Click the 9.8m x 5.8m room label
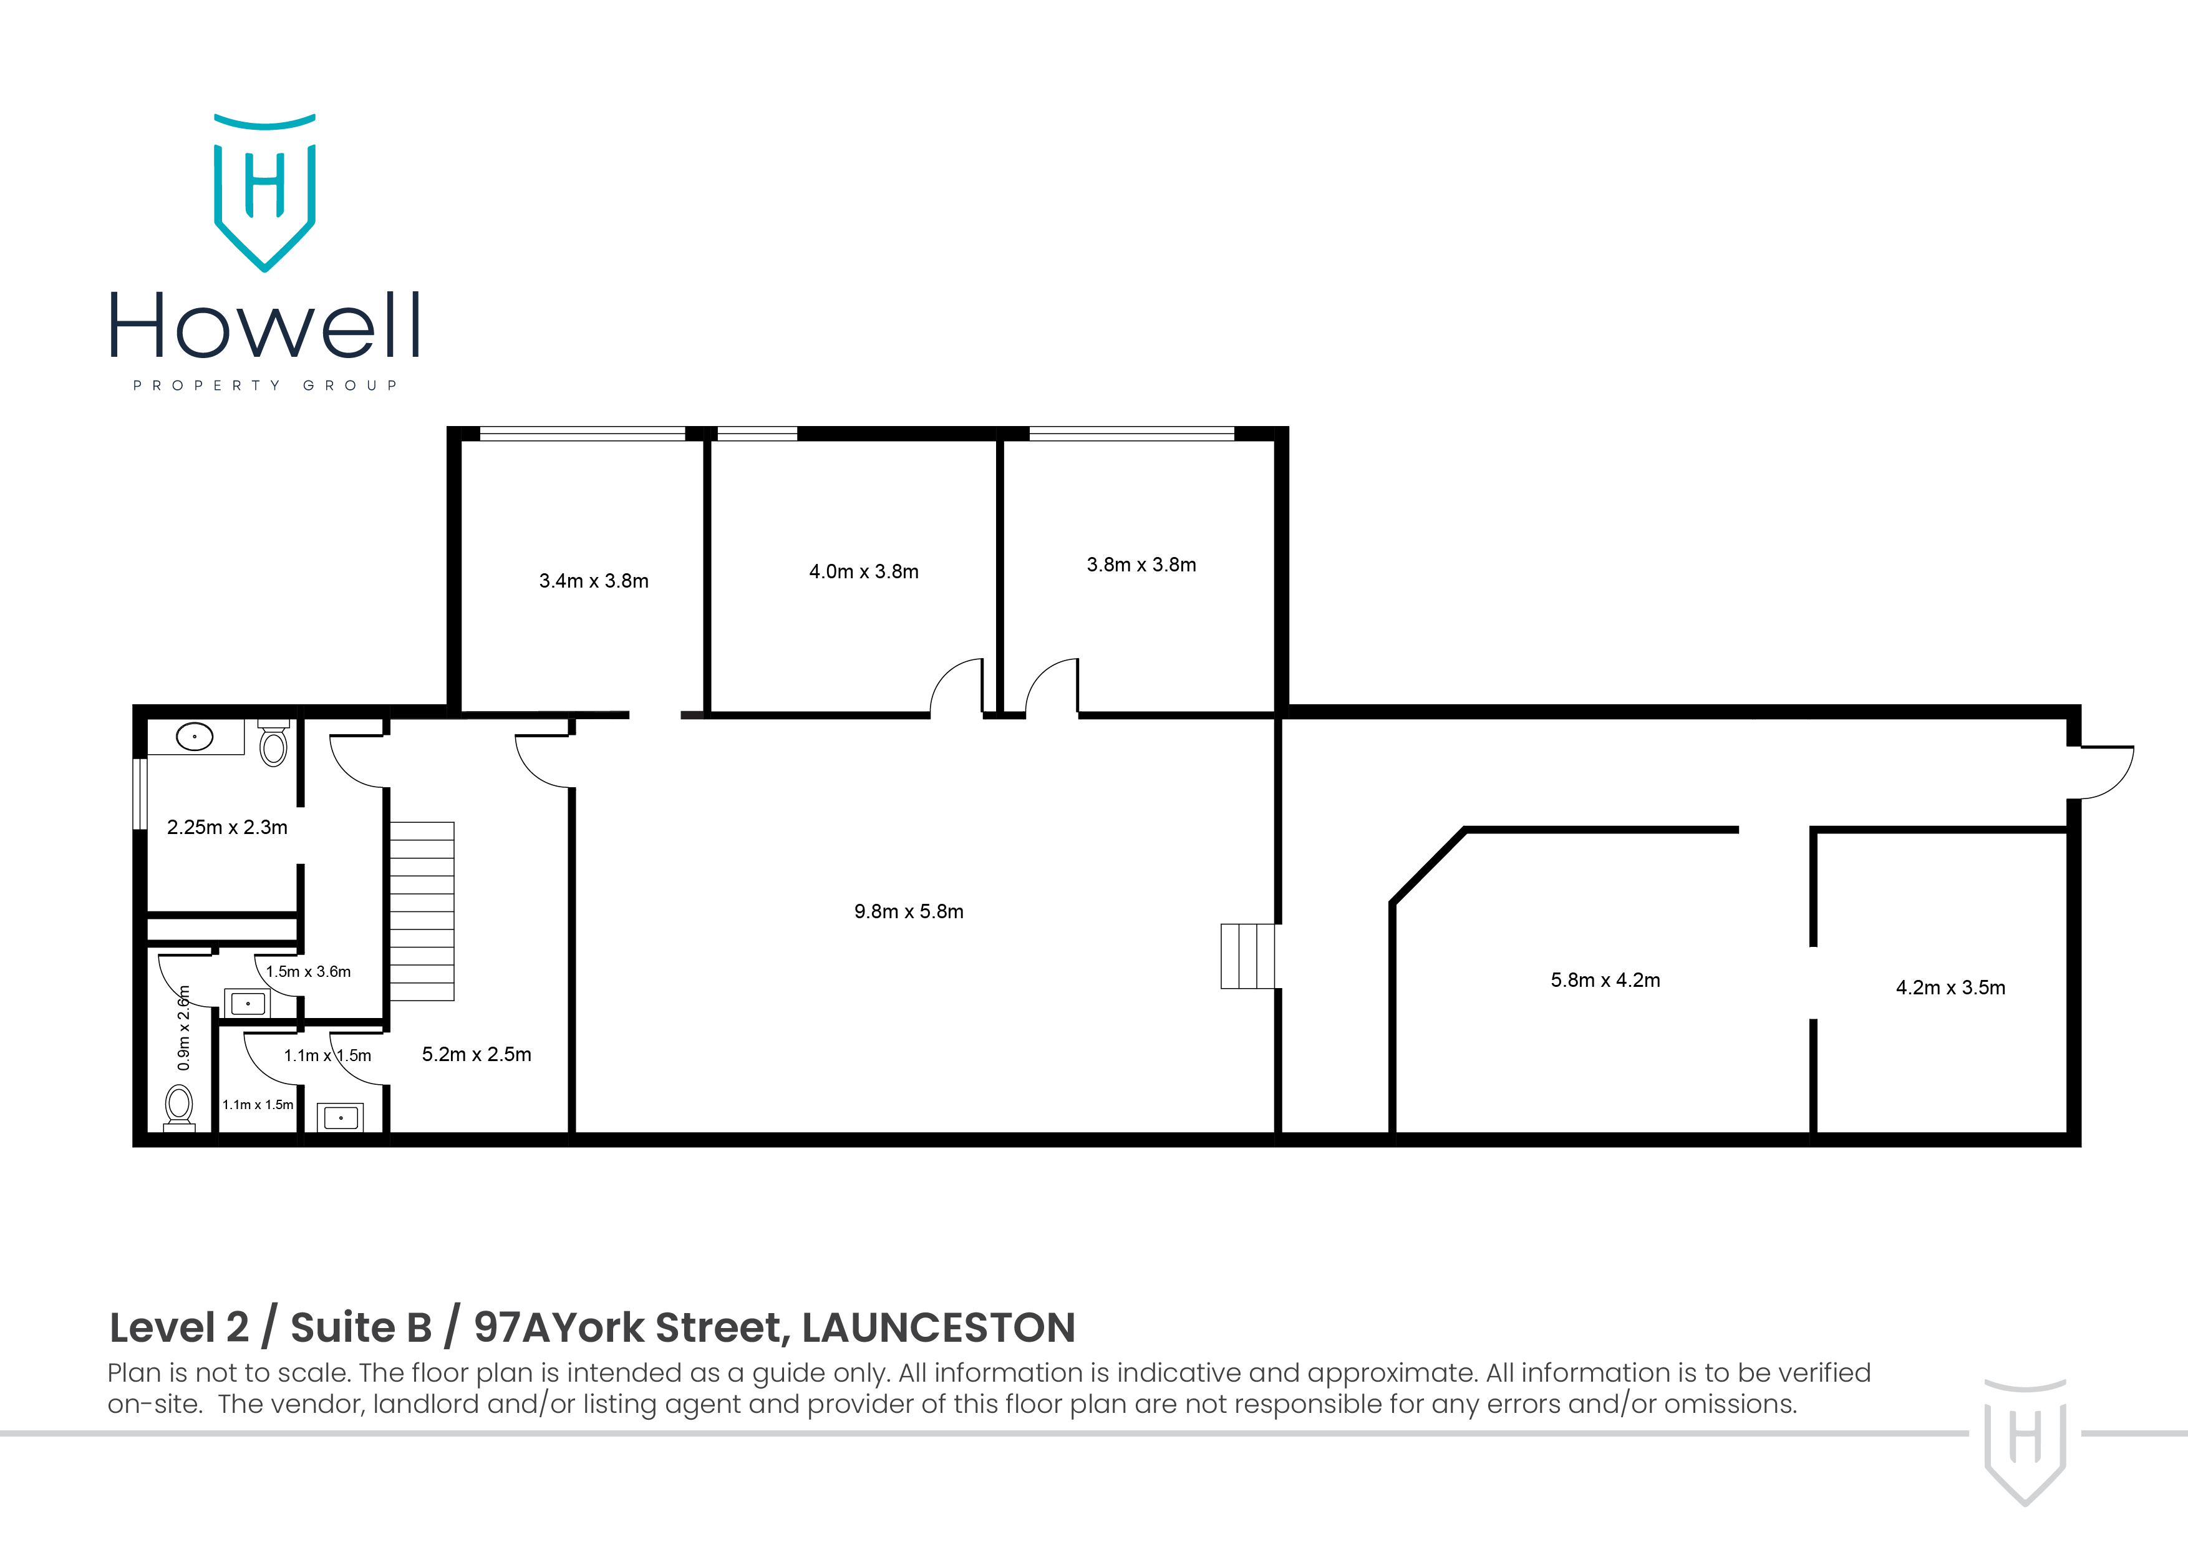click(x=908, y=912)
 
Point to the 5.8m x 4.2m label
click(x=1605, y=981)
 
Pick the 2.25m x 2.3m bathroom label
click(x=227, y=827)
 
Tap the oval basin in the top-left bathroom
click(x=195, y=737)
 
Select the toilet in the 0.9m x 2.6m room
click(x=178, y=1107)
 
